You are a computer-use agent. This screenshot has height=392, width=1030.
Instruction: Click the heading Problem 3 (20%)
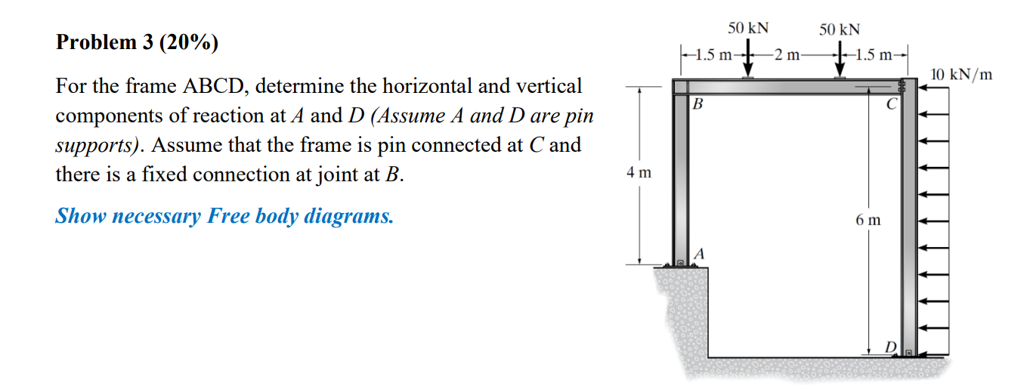[137, 43]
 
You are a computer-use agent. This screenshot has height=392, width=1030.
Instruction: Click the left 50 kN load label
[748, 28]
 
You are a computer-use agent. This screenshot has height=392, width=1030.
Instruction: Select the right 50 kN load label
[840, 29]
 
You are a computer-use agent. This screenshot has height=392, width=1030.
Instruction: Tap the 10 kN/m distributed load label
[961, 75]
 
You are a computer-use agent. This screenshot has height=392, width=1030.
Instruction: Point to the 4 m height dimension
[639, 173]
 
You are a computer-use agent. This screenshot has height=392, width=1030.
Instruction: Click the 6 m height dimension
[868, 221]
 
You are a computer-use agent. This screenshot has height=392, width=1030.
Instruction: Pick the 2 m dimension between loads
[790, 54]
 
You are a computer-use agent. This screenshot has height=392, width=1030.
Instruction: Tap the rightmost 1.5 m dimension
[877, 54]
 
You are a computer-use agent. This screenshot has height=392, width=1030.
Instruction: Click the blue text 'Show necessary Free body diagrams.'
[224, 217]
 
